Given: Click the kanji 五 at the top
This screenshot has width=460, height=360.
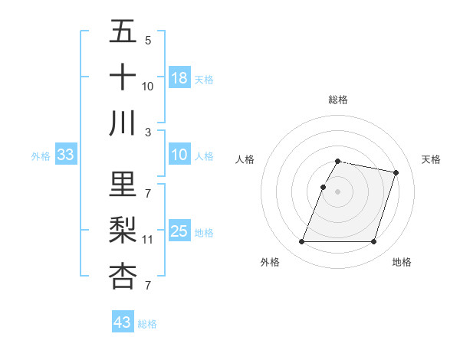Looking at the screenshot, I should (123, 32).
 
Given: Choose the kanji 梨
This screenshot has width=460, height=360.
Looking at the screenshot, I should (123, 230).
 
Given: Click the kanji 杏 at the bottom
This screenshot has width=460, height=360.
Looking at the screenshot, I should (123, 276).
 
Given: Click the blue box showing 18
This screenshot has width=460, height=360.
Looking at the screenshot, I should (179, 77).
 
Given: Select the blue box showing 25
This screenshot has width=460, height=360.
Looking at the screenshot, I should (179, 231).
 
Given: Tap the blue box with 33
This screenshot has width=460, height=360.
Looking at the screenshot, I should (66, 155).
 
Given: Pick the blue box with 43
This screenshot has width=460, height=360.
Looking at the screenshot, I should (123, 322).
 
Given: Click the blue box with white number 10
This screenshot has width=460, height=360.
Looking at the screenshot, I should (179, 155).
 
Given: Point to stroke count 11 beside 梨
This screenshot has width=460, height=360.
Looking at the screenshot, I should (148, 240).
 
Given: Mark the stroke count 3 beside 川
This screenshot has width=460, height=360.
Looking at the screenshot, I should (148, 132).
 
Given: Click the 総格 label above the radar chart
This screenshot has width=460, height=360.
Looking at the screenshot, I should (337, 100).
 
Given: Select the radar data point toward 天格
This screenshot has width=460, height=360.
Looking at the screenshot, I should (396, 173).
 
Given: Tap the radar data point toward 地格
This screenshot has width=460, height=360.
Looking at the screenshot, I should (373, 242).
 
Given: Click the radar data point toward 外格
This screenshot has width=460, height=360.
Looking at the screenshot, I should (301, 242).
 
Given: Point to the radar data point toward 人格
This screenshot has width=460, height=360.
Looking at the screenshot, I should (324, 187).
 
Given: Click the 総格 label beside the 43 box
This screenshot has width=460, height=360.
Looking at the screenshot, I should (147, 324).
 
